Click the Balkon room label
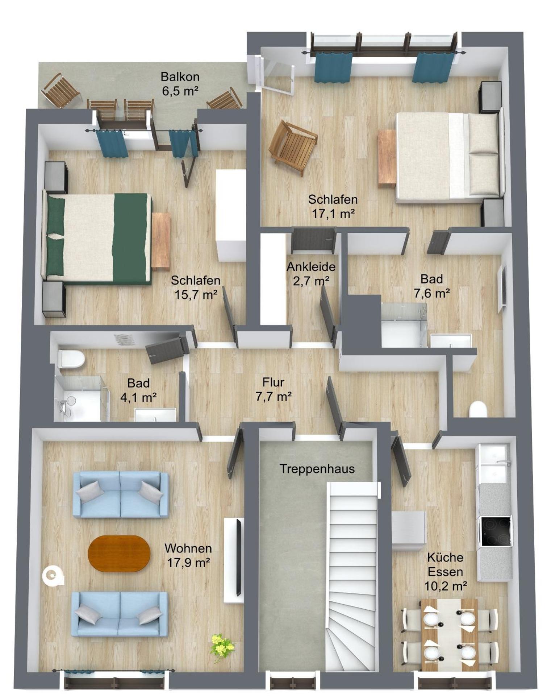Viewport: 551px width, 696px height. tap(180, 77)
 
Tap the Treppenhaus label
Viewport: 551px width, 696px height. tap(317, 469)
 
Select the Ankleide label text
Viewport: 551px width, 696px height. tap(311, 267)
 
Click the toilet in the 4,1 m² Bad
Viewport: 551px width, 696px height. tap(71, 359)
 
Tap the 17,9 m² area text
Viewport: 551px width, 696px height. tap(188, 563)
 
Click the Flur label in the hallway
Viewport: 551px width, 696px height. tap(273, 382)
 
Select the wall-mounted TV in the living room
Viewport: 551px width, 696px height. tap(238, 556)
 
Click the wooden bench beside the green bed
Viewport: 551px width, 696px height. tap(161, 241)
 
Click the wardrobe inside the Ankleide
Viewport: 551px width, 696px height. tap(273, 278)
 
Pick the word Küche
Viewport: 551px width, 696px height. tap(445, 557)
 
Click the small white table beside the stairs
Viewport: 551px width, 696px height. tap(409, 531)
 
